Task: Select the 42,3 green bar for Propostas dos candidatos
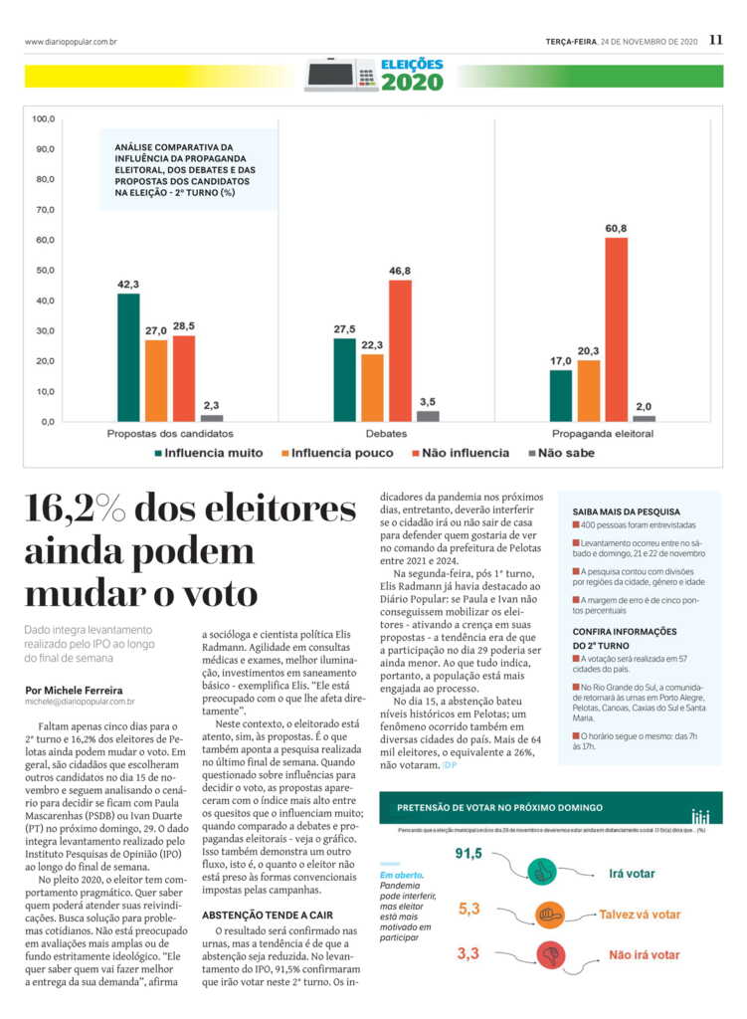[x=128, y=357]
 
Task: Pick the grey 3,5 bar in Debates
[x=428, y=416]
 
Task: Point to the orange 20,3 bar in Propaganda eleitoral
[x=589, y=390]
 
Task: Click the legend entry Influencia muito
[x=208, y=453]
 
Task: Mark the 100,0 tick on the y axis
[x=44, y=119]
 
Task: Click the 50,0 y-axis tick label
[x=44, y=271]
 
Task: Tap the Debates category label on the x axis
[x=386, y=434]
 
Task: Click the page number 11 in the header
[x=716, y=41]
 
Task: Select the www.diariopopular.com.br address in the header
[x=71, y=42]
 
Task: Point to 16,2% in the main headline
[x=78, y=510]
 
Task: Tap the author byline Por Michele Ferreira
[x=76, y=690]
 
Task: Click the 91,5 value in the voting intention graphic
[x=469, y=854]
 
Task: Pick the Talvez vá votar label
[x=640, y=914]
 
